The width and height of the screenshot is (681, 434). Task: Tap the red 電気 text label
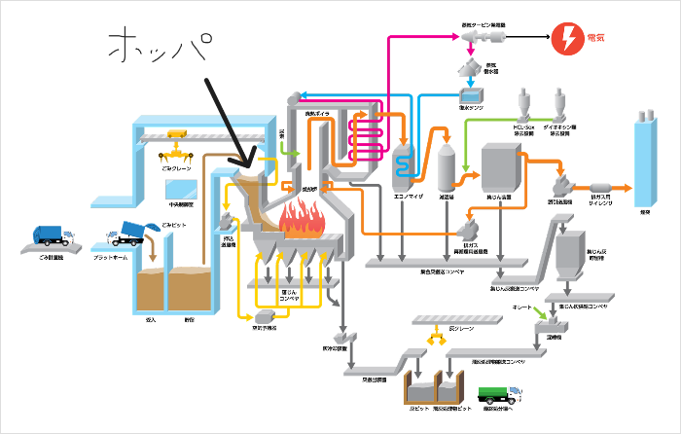602,40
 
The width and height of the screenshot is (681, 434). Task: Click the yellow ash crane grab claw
431,340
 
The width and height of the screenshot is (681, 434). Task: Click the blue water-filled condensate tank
474,96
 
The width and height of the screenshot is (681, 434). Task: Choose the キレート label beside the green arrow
522,307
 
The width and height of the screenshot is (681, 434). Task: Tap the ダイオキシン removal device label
559,127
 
